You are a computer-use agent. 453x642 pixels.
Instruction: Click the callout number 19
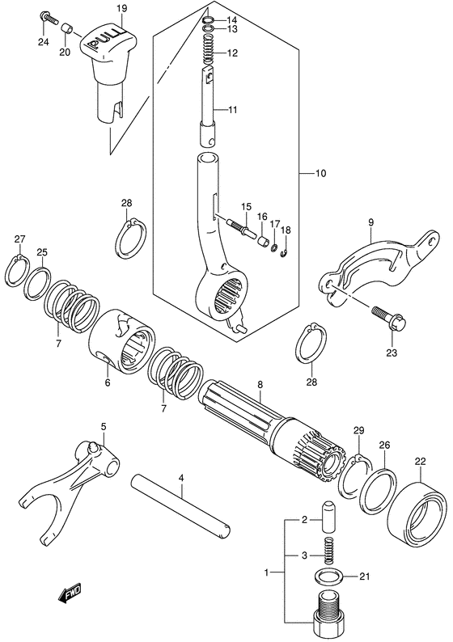tap(121, 9)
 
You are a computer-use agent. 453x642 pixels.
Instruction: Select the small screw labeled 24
tap(49, 16)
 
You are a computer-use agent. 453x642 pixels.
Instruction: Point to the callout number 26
tap(383, 445)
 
